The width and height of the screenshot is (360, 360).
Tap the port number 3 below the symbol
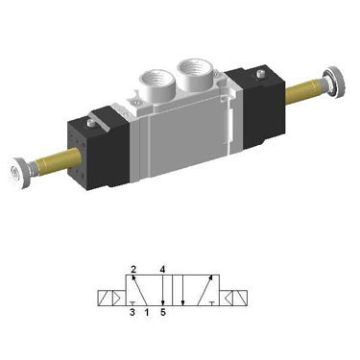[x=132, y=312]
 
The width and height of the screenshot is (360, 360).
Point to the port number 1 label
[x=145, y=312]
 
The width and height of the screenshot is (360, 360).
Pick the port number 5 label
[x=164, y=312]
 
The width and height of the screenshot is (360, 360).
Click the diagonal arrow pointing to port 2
[x=140, y=289]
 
